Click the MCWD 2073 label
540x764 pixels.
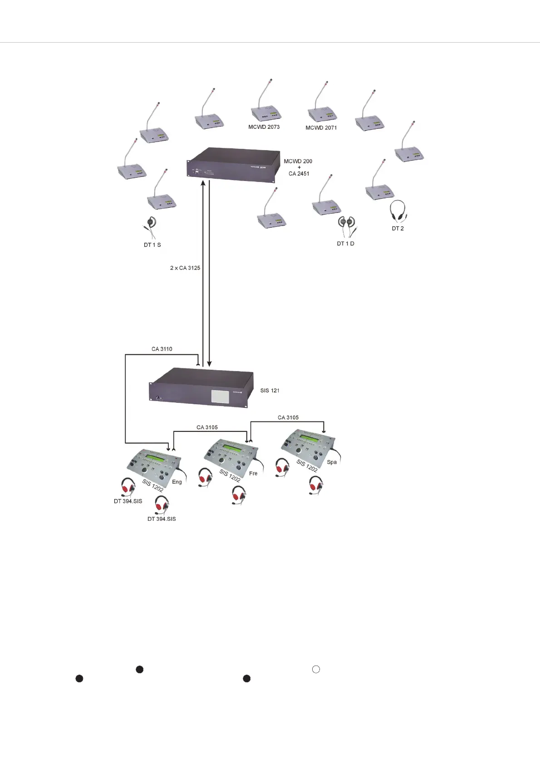[264, 127]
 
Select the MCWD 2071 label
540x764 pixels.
[321, 128]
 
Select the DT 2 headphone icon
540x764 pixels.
[398, 211]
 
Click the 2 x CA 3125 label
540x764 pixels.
[185, 268]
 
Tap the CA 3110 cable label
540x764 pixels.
[162, 349]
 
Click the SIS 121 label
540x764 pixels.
[270, 391]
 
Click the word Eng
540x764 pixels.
[177, 482]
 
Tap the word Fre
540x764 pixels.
[253, 474]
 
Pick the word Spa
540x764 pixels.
[332, 462]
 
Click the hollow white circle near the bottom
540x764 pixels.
[316, 669]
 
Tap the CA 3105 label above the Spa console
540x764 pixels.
[288, 417]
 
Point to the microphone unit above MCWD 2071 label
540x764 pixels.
[322, 111]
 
